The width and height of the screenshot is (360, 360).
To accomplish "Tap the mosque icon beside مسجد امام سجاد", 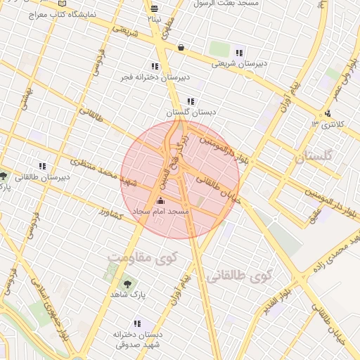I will [160, 202].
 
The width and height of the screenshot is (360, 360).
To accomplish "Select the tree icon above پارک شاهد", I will [127, 285].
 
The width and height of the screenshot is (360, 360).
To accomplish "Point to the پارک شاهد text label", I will [128, 296].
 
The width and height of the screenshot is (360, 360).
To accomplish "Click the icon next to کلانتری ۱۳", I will [328, 113].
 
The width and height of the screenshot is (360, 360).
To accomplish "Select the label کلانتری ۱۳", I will [329, 124].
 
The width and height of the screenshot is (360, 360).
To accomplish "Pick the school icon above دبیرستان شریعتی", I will [239, 53].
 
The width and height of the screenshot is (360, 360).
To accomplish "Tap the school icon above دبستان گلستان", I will [191, 101].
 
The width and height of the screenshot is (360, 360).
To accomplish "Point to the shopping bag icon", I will [181, 48].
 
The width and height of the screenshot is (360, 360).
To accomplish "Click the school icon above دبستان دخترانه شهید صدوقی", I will [136, 324].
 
